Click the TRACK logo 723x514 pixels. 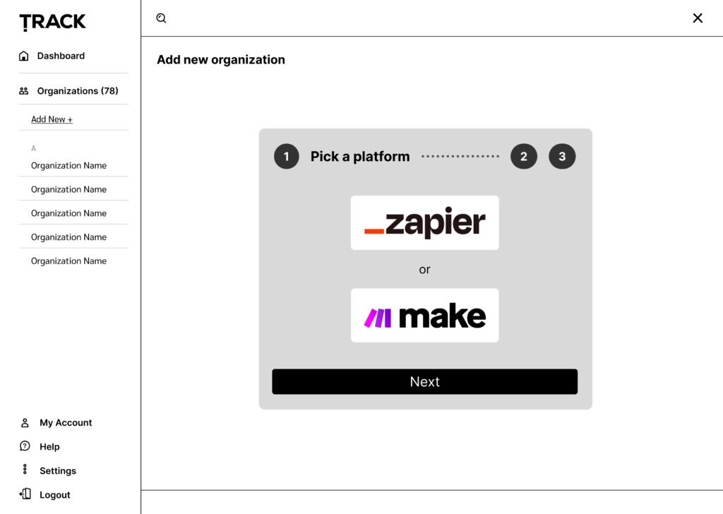point(53,22)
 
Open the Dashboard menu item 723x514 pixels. point(61,56)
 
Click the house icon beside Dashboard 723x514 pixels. point(24,56)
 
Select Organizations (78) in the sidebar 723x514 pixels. point(78,91)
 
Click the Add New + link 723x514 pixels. point(52,119)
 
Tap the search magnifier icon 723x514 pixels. point(161,18)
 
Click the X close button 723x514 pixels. point(698,18)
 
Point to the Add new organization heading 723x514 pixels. point(221,60)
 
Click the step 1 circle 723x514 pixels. point(286,157)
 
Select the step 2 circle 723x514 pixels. point(524,157)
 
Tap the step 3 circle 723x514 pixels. point(562,157)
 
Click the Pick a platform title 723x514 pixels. point(360,157)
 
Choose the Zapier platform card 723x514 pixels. point(424,222)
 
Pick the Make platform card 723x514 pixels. point(424,316)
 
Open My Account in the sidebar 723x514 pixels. point(66,423)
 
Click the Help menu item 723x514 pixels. point(49,447)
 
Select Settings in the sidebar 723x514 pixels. point(58,471)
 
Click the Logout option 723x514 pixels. point(55,495)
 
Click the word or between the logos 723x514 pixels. point(424,270)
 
